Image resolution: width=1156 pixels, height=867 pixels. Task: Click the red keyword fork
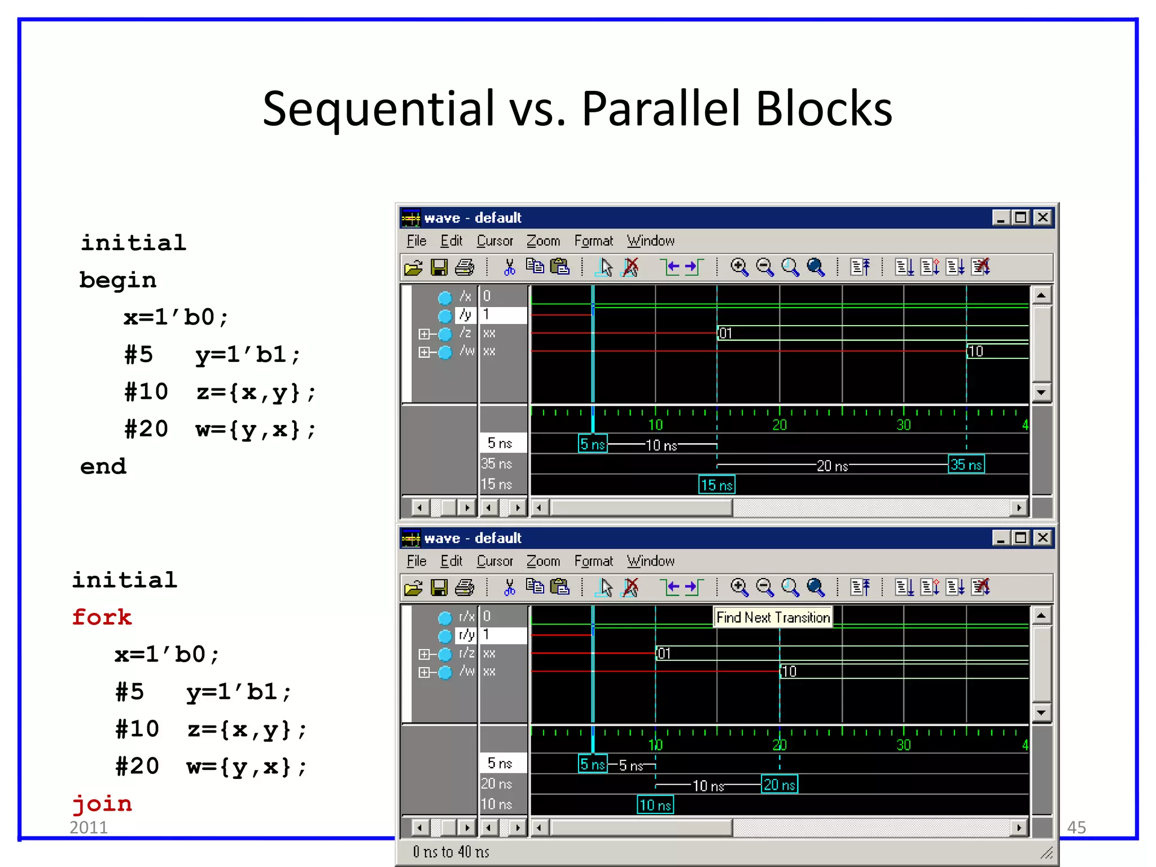[x=102, y=617]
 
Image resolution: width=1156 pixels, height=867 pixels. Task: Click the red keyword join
[x=102, y=803]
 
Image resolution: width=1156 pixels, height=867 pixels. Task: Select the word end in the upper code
[x=103, y=466]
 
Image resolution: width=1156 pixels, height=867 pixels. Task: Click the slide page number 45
[x=1076, y=827]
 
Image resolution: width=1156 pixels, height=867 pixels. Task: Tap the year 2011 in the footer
[x=89, y=827]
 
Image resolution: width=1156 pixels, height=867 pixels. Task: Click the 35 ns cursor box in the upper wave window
[x=966, y=465]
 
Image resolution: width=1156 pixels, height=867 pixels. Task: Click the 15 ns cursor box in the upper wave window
[x=716, y=484]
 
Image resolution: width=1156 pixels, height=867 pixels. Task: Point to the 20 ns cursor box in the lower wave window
[x=779, y=784]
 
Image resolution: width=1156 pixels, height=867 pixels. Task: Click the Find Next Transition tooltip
[x=773, y=617]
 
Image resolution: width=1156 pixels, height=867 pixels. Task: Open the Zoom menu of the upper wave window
[x=543, y=241]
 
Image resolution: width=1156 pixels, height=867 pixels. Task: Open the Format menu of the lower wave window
[x=593, y=561]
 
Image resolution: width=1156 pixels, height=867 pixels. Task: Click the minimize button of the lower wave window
[x=1000, y=538]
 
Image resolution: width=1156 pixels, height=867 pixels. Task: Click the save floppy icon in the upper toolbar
[x=439, y=267]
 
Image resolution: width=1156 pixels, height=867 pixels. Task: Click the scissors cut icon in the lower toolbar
[x=509, y=588]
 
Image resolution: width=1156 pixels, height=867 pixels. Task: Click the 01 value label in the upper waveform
[x=725, y=333]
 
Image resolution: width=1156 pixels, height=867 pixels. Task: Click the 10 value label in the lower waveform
[x=789, y=671]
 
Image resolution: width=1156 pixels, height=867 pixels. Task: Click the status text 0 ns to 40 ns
[x=451, y=852]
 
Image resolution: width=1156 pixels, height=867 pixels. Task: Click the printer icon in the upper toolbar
[x=465, y=267]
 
